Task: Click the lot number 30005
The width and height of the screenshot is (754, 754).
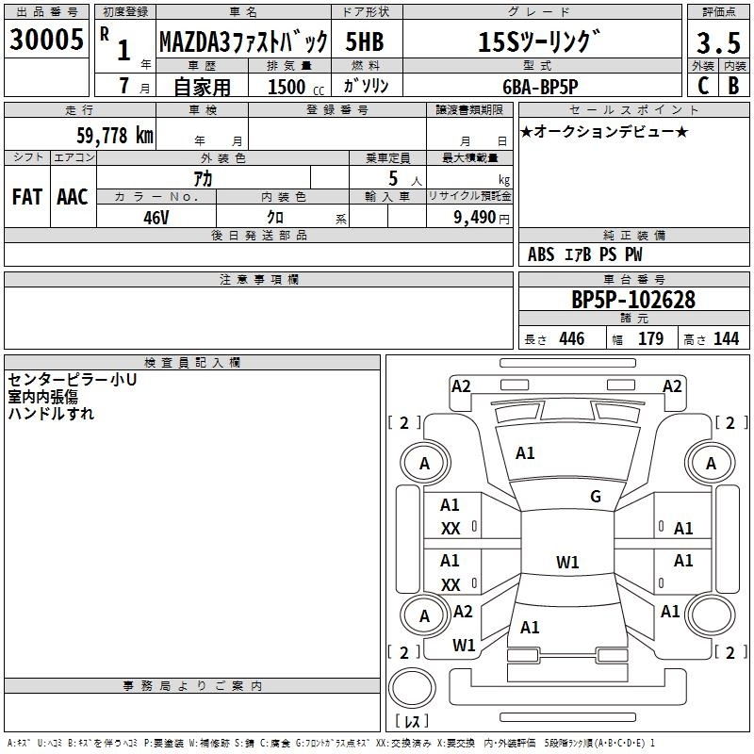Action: coord(47,41)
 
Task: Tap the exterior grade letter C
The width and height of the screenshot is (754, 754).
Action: coord(702,84)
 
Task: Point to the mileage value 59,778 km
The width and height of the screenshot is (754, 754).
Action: coord(114,135)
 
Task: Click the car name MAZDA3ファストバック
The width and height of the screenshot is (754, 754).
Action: coord(243,42)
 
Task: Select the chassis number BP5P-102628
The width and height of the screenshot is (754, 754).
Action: coord(633,300)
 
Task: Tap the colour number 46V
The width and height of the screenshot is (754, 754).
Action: coord(156,216)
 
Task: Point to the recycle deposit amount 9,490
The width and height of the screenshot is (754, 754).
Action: coord(469,217)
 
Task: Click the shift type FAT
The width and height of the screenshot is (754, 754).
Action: coord(26,197)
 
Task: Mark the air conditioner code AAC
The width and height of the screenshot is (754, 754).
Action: coord(72,197)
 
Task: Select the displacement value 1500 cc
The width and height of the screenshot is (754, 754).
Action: coord(287,86)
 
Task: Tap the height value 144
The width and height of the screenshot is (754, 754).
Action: coord(726,338)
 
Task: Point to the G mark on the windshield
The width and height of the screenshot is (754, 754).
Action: coord(596,497)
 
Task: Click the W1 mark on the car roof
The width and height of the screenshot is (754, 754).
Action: coord(567,563)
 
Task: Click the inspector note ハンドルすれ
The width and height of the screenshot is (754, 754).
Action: coord(51,413)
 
